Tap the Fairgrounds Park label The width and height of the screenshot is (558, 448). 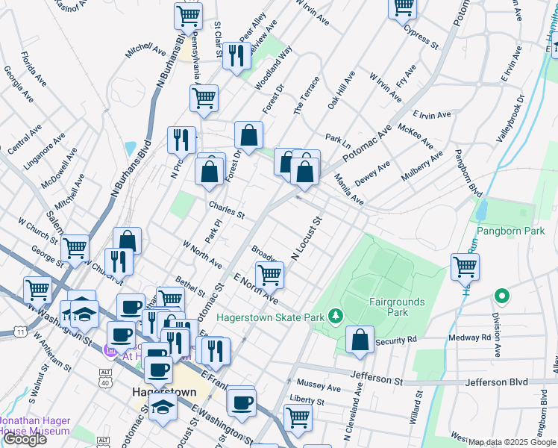pos(397,307)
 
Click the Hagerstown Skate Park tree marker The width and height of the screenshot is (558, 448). pos(336,317)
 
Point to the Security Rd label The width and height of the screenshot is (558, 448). pos(397,340)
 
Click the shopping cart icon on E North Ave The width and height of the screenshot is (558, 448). pos(269,273)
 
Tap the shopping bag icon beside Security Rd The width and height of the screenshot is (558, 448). pos(360,340)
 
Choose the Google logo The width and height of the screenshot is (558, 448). pos(25,439)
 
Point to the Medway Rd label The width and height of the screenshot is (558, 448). pos(470,337)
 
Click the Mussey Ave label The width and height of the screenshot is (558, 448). pos(319,388)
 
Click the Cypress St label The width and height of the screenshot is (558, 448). pos(420,35)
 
